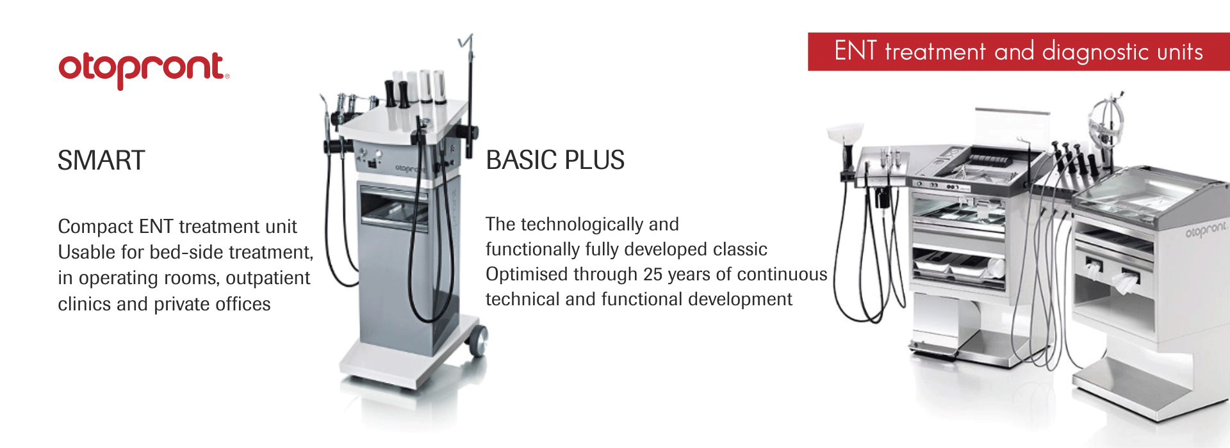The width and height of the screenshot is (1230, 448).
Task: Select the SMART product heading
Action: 101,160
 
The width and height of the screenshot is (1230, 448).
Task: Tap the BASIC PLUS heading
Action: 555,160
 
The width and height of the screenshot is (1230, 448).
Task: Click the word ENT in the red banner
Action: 855,51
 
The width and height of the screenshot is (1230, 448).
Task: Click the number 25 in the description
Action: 653,275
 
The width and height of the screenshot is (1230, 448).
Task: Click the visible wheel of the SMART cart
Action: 478,341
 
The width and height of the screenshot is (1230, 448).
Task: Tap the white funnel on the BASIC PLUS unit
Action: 846,134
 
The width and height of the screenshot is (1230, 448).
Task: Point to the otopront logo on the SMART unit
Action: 407,168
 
